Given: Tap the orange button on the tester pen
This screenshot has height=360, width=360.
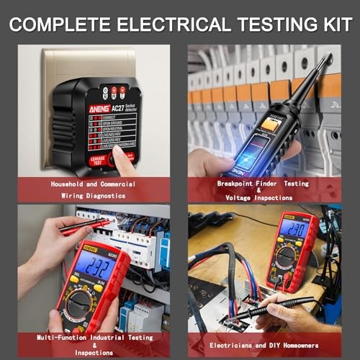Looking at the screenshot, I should (271, 125).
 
